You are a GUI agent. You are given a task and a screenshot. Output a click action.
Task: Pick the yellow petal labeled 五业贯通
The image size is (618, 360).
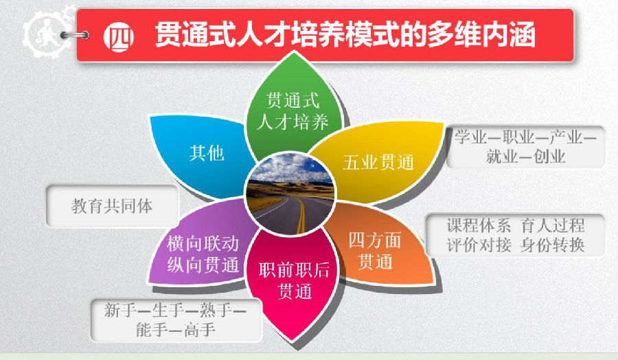pyautogui.click(x=378, y=162)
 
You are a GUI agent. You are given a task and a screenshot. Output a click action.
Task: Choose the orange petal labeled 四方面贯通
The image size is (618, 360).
pyautogui.click(x=374, y=251)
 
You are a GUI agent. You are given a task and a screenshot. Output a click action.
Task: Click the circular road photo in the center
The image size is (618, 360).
pyautogui.click(x=291, y=193)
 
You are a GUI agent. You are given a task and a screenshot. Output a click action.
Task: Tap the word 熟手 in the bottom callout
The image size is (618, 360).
pyautogui.click(x=218, y=310)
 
